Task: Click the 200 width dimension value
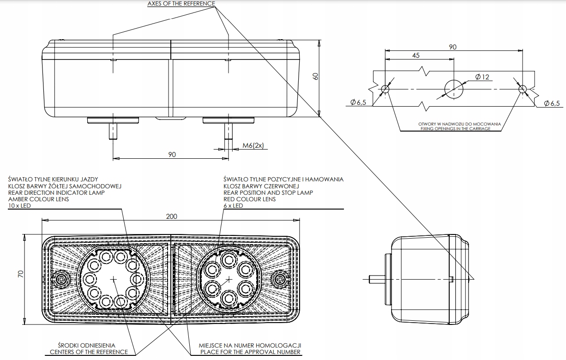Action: point(172,216)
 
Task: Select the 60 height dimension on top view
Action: point(316,77)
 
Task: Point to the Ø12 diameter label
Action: point(482,77)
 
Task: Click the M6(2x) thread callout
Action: point(253,146)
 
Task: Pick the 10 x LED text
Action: point(19,206)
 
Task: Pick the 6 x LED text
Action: point(233,206)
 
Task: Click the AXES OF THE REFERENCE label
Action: point(181,4)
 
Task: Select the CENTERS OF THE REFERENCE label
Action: point(89,352)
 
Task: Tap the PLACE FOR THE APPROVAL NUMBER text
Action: point(251,352)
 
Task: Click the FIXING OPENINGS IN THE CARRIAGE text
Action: point(455,129)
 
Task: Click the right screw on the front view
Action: point(280,278)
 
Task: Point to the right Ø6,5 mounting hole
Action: point(522,89)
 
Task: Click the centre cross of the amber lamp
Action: point(114,278)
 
